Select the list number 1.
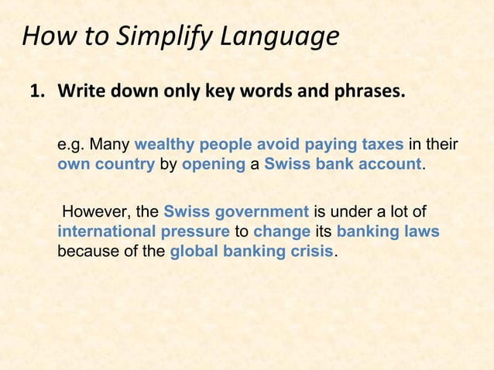coord(36,93)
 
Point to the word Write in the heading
coord(82,93)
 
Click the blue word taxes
coord(382,145)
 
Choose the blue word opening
coord(213,164)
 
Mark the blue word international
coord(105,231)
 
